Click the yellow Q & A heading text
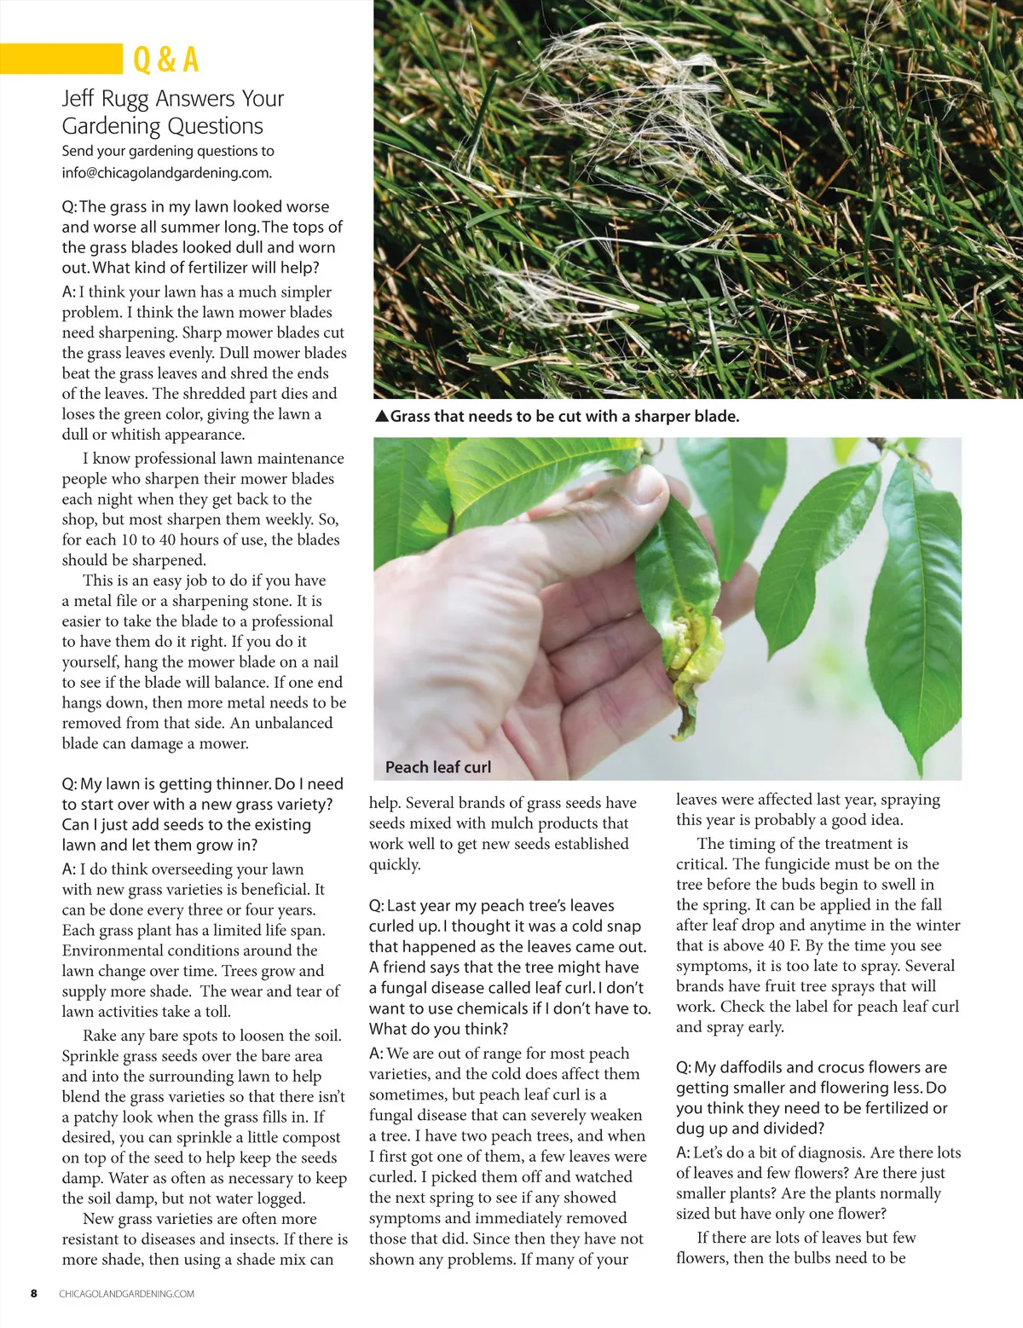(166, 60)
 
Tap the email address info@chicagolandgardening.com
(166, 173)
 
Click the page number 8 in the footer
(34, 1293)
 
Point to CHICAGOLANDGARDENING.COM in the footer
(127, 1294)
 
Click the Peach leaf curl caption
(438, 767)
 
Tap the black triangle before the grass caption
(382, 417)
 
